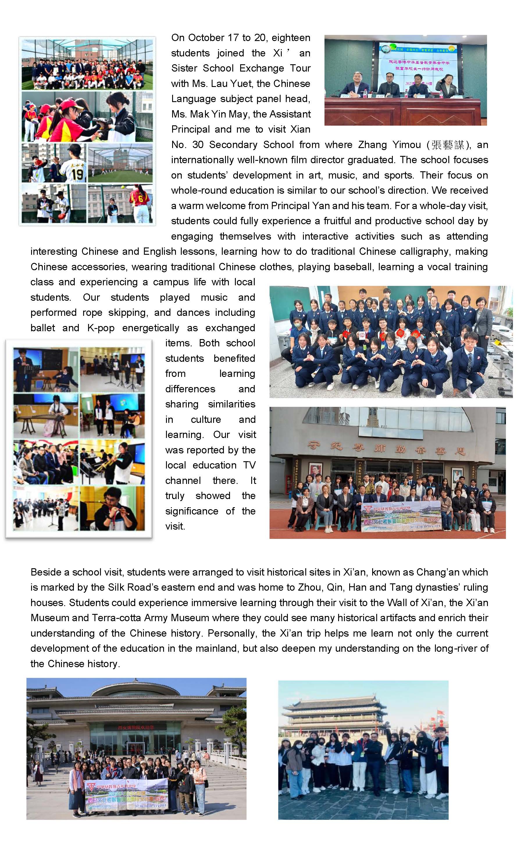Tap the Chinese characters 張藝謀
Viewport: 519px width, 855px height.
tap(447, 145)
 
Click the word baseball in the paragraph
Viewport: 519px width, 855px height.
tap(352, 267)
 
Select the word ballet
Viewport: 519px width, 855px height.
tap(43, 328)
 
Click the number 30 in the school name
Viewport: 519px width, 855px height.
tap(198, 145)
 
